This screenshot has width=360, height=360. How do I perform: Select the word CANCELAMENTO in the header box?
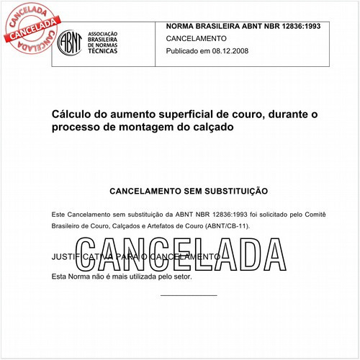tap(196, 39)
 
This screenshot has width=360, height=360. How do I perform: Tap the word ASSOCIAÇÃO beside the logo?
tap(103, 35)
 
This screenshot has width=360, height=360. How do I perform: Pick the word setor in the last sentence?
tap(181, 276)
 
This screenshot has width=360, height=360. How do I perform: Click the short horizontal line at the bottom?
tap(188, 295)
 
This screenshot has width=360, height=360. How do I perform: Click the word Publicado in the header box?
tap(186, 53)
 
